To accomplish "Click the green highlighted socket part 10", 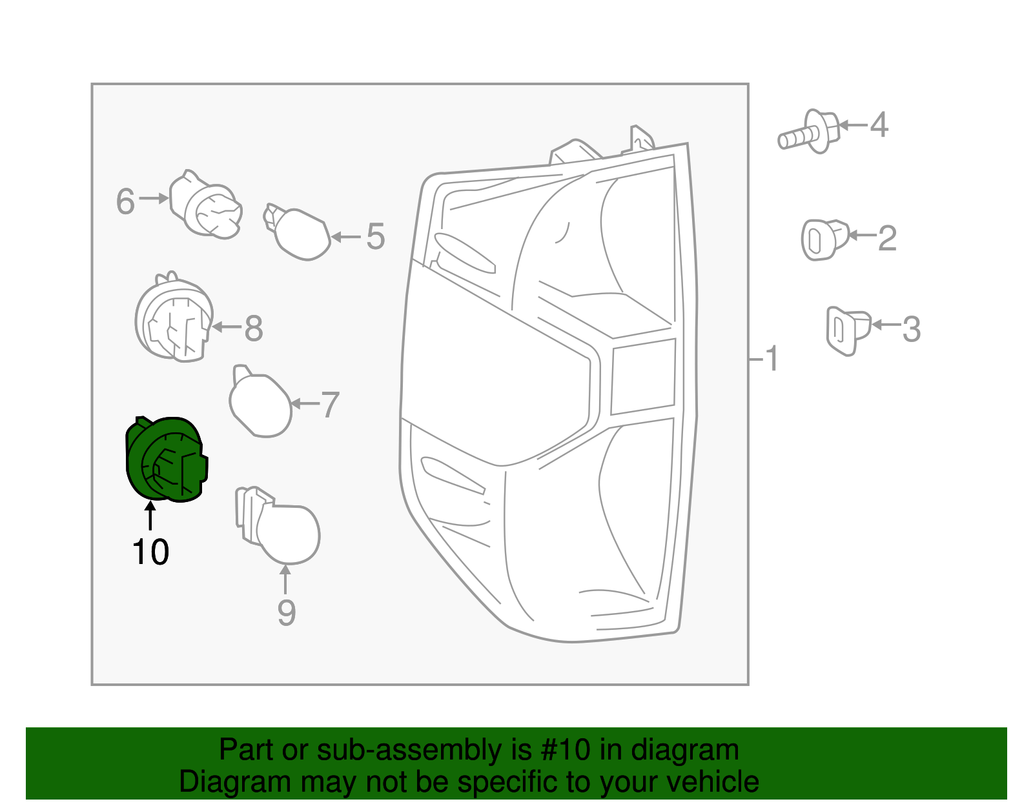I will pos(165,459).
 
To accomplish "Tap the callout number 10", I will pos(150,552).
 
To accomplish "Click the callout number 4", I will pos(879,125).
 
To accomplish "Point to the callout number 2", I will pos(887,239).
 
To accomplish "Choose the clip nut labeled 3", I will pos(846,330).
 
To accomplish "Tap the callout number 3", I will pos(911,330).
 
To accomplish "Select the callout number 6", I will pos(125,202).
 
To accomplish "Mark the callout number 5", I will pos(375,237).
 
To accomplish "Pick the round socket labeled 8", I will pos(174,319).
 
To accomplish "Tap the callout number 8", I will pos(253,329).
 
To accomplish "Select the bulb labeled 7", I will pos(260,403).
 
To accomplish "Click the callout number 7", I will pos(329,405).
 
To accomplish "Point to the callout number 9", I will pos(286,612).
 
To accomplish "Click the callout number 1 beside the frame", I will pos(772,359).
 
